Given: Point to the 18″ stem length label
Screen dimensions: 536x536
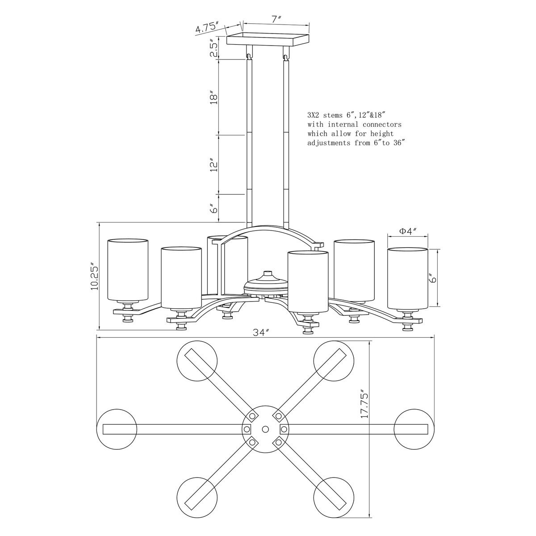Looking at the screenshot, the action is click(214, 97).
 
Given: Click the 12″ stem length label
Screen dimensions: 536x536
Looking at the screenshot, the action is click(214, 165).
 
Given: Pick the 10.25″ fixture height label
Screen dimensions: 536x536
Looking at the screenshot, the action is click(95, 277).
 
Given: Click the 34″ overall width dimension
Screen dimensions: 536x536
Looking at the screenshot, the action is click(261, 332).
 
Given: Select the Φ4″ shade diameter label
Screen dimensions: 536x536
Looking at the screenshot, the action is click(408, 230).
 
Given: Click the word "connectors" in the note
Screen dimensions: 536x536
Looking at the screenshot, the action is click(382, 124).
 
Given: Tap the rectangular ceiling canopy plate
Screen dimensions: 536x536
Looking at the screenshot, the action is click(268, 39).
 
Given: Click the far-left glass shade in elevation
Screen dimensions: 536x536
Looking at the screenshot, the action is click(128, 270).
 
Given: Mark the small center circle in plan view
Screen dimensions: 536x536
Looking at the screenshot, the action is click(265, 429).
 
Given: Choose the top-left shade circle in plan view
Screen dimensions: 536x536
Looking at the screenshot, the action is click(197, 361).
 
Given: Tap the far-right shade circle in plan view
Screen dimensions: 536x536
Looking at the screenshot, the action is click(415, 429).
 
